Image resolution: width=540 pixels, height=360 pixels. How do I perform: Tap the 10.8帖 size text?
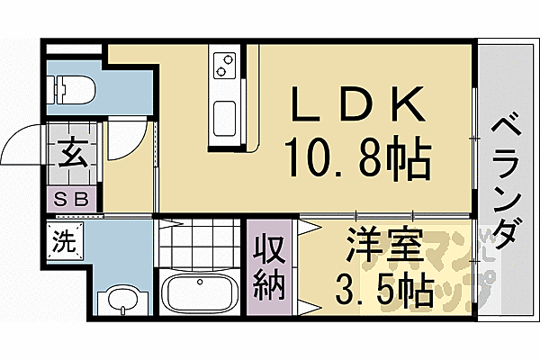point(356,161)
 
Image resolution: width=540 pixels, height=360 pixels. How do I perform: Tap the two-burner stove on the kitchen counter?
point(223,65)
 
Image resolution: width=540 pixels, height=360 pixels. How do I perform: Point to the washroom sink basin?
point(117,300)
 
